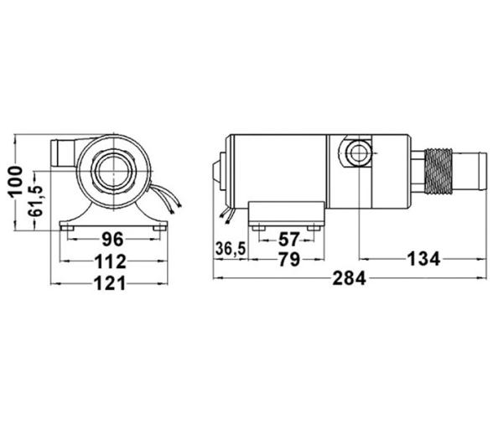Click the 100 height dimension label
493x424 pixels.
click(x=16, y=182)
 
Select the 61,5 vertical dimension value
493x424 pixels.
click(x=35, y=200)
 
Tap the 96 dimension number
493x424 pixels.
click(x=112, y=239)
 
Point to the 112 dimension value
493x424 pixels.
click(x=111, y=261)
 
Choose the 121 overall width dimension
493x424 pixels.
click(x=110, y=283)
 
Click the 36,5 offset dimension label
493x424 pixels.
click(x=231, y=249)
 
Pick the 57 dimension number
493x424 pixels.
click(x=288, y=240)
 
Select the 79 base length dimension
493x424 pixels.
click(x=289, y=260)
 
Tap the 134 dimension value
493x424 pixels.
click(x=423, y=259)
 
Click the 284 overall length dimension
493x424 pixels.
click(x=350, y=278)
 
